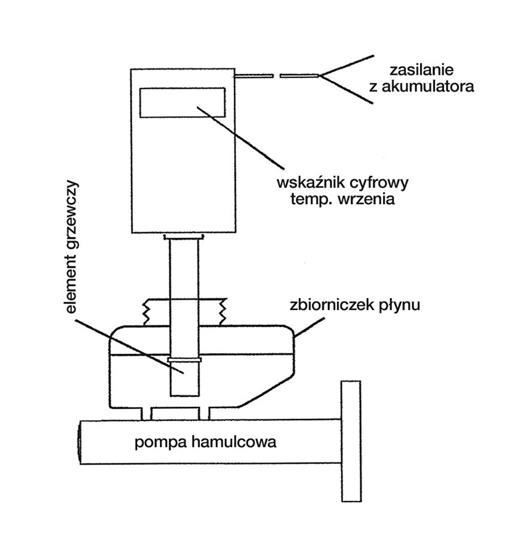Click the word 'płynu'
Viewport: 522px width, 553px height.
point(401,306)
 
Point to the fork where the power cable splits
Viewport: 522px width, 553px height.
point(321,76)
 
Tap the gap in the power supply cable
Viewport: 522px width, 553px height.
point(277,76)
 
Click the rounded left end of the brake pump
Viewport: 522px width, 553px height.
point(81,442)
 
